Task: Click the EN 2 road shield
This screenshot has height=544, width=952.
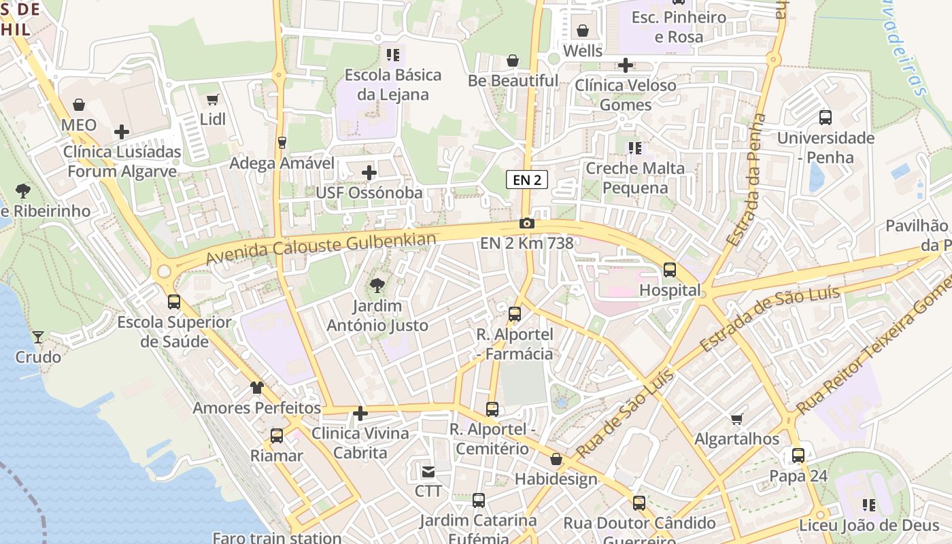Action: (x=527, y=180)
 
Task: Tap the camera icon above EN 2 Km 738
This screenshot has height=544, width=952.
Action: (x=526, y=223)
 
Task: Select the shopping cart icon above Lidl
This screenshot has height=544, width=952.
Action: (x=213, y=100)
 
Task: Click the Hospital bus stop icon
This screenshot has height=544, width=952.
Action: (x=670, y=270)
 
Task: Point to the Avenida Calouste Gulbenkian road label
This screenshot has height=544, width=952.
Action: (x=320, y=249)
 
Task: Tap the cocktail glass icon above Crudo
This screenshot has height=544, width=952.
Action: (x=38, y=337)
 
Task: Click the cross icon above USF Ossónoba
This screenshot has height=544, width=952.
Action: (x=369, y=173)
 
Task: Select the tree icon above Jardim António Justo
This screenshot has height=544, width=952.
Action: (x=377, y=286)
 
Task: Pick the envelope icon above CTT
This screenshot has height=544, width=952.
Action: (x=428, y=471)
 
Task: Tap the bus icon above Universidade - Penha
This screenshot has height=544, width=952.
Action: (x=826, y=118)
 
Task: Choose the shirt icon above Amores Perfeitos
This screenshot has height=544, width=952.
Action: (x=256, y=388)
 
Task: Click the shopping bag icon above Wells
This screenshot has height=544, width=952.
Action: (x=583, y=31)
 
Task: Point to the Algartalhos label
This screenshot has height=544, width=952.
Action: (x=736, y=439)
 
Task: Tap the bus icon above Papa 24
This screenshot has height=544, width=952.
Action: (x=798, y=456)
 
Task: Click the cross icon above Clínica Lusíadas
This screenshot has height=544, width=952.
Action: (x=122, y=131)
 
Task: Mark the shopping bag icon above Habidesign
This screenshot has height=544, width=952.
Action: (x=556, y=459)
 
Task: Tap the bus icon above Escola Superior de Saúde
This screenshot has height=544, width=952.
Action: (x=174, y=301)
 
